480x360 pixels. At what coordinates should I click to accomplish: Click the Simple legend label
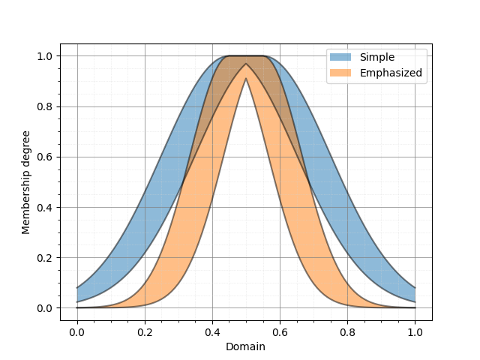point(376,57)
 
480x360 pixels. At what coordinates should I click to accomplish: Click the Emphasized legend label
point(391,73)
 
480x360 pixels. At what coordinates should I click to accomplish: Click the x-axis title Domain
point(245,346)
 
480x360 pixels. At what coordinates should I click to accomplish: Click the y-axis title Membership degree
point(26,182)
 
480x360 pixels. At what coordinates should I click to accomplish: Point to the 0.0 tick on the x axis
point(76,331)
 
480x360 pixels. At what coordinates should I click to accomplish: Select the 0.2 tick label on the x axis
point(145,331)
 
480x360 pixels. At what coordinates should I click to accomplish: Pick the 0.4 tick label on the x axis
point(212,331)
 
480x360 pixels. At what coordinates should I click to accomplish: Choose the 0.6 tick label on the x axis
point(280,331)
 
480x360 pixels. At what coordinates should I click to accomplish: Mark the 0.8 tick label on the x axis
point(347,331)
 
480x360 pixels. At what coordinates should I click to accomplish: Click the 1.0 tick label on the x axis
point(415,331)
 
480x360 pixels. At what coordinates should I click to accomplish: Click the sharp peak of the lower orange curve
point(246,79)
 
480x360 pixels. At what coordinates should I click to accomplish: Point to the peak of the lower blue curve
point(246,64)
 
